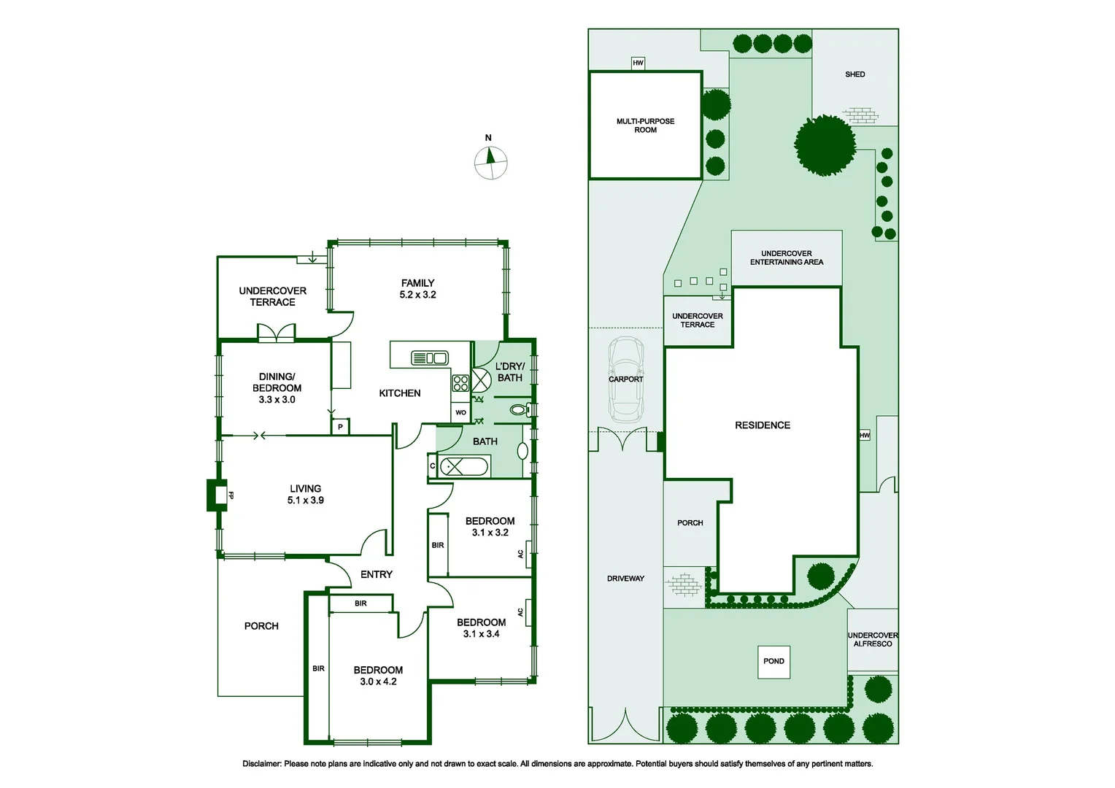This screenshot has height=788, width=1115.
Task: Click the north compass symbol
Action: [x=490, y=162]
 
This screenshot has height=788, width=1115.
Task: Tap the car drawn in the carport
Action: [x=626, y=379]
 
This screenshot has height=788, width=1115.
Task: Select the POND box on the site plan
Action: [x=773, y=662]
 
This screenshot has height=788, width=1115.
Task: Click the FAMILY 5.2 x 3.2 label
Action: [x=417, y=289]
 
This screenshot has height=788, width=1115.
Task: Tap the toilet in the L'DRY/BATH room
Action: [x=519, y=410]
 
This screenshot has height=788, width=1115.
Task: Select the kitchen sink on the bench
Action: [x=430, y=358]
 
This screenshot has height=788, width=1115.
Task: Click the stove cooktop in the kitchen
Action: [x=460, y=383]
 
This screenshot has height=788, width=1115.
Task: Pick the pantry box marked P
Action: [x=340, y=427]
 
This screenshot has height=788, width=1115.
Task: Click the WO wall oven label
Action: [x=460, y=413]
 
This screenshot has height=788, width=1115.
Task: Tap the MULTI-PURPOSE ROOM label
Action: [x=645, y=125]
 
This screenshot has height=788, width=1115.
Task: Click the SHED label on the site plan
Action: [x=854, y=74]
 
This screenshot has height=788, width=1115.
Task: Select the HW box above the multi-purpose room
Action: [x=638, y=63]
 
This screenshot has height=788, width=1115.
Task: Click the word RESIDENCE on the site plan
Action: [x=763, y=425]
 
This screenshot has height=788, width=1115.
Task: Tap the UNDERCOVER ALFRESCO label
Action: [x=873, y=640]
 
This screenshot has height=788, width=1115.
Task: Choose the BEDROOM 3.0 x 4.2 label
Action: [x=378, y=676]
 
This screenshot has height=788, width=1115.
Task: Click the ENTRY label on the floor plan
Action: [x=377, y=575]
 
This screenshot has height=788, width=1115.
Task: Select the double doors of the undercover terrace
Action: [x=277, y=333]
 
